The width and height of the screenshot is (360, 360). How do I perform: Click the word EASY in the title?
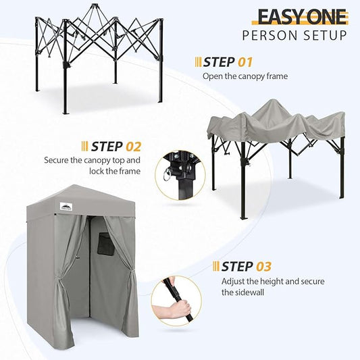[x=280, y=17]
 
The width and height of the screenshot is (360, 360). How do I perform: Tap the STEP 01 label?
[x=228, y=62]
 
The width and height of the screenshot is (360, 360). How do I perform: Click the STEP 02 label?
[x=116, y=146]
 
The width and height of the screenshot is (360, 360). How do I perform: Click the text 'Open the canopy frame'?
[x=245, y=76]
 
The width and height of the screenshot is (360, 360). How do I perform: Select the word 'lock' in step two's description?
[x=92, y=172]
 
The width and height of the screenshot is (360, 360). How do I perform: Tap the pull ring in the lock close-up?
[x=165, y=179]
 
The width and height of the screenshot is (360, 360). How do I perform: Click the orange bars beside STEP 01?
[x=197, y=62]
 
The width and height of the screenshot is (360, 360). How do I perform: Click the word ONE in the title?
[x=326, y=17]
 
